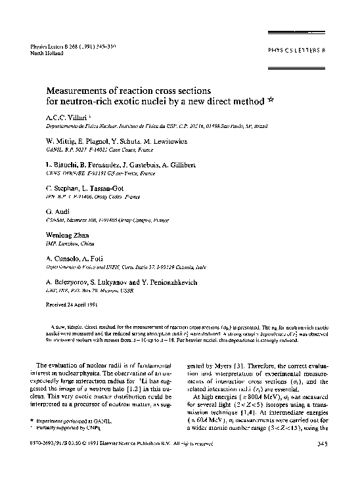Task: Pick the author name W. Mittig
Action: click(62, 140)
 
